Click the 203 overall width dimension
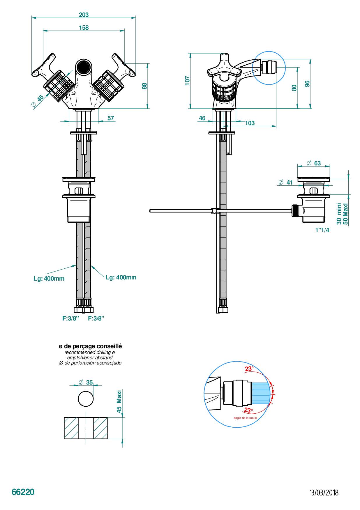(84, 15)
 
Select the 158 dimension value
(84, 28)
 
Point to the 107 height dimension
(187, 81)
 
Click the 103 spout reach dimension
(250, 123)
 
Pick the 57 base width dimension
(111, 118)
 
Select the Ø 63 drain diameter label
(314, 163)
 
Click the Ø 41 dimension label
(285, 183)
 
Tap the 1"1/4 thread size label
(322, 230)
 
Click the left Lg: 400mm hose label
(49, 279)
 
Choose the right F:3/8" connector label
(96, 318)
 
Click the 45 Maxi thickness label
(119, 402)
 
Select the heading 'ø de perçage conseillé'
(90, 346)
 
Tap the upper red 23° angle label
(249, 369)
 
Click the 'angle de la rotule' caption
(245, 418)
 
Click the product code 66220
(23, 492)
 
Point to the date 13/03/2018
(324, 493)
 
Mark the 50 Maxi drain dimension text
(346, 214)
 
